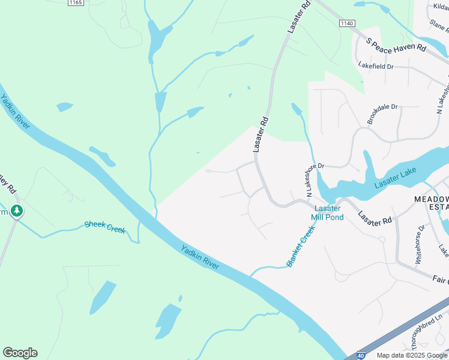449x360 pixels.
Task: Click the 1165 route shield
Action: [x=75, y=3]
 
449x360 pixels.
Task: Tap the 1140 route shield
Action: [x=346, y=23]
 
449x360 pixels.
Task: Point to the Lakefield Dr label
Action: [x=375, y=66]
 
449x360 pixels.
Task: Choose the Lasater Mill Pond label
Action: [x=327, y=212]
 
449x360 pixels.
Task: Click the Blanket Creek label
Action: [x=301, y=247]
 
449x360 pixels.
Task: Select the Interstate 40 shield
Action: [x=360, y=355]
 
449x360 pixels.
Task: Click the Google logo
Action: [x=20, y=353]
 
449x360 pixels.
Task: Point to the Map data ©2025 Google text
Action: [x=412, y=355]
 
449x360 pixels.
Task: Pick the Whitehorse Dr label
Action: [x=420, y=244]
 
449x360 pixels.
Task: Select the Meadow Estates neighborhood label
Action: [x=431, y=203]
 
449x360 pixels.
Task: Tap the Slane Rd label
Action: [x=438, y=25]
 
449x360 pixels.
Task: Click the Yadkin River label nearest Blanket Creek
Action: [x=200, y=257]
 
